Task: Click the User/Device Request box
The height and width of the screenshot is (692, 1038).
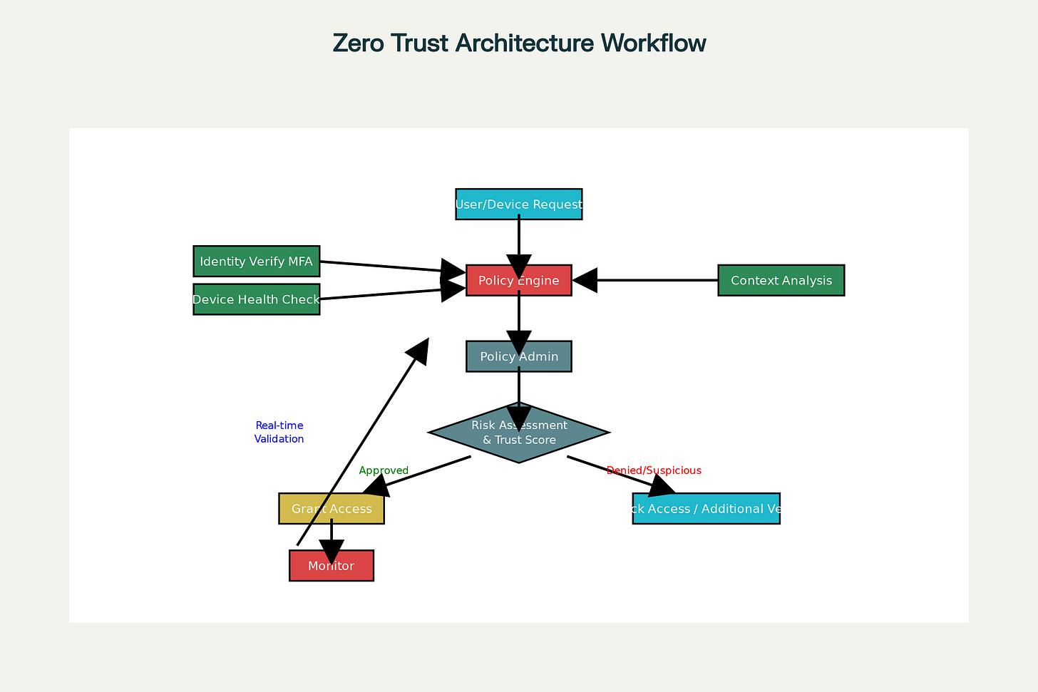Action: (x=519, y=204)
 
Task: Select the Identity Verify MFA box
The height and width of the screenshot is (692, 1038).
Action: (x=256, y=262)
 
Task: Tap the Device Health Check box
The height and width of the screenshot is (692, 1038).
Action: (x=256, y=299)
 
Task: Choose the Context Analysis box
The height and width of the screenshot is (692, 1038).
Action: (x=781, y=280)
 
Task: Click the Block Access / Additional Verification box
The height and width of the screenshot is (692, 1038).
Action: (x=706, y=509)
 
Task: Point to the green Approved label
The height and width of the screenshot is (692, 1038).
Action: (x=384, y=470)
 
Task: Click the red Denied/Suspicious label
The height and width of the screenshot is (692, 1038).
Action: (x=654, y=470)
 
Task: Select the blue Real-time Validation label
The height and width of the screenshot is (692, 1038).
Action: (x=279, y=432)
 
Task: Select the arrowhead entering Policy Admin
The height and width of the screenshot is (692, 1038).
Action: (x=519, y=342)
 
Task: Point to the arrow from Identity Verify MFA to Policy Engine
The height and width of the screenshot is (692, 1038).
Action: (x=385, y=267)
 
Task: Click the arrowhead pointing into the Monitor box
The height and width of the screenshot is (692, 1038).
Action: (x=332, y=551)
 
